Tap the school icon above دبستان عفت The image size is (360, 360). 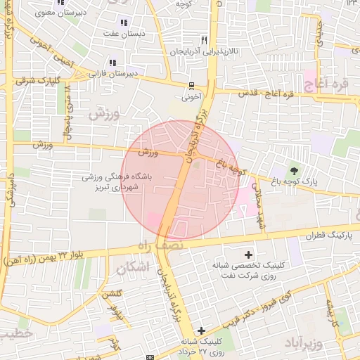pos(124,22)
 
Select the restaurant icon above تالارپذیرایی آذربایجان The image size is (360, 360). pos(204,40)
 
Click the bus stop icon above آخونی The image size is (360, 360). pos(191,86)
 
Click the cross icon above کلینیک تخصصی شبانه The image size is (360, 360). pos(248,254)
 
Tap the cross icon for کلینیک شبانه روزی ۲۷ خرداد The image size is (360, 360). pos(202,330)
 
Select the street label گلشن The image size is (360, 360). pos(113,295)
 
